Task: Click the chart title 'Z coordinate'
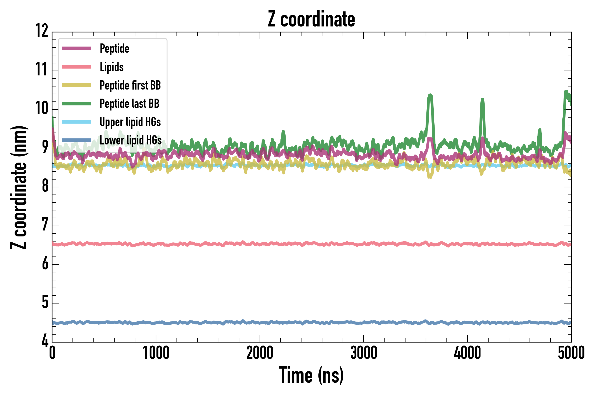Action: pos(311,19)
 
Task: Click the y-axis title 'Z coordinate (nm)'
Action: pos(19,187)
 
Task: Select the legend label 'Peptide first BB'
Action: pos(130,85)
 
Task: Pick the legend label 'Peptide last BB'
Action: pos(129,104)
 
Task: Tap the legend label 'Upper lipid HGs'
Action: pos(130,122)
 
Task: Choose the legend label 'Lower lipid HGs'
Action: pos(130,140)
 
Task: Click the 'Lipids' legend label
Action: pos(112,67)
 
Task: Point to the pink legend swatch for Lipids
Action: pos(76,67)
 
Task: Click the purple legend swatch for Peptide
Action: pos(76,48)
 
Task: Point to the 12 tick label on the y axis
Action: pos(41,31)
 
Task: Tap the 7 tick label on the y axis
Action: pos(45,225)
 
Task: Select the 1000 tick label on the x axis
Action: pos(156,353)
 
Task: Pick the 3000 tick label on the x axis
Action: pos(364,353)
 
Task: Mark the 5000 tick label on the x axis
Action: pos(571,353)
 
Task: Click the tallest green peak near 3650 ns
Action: pos(430,95)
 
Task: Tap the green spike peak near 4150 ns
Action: pos(482,99)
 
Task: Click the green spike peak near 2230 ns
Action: pos(283,131)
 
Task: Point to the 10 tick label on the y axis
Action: pos(41,108)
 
